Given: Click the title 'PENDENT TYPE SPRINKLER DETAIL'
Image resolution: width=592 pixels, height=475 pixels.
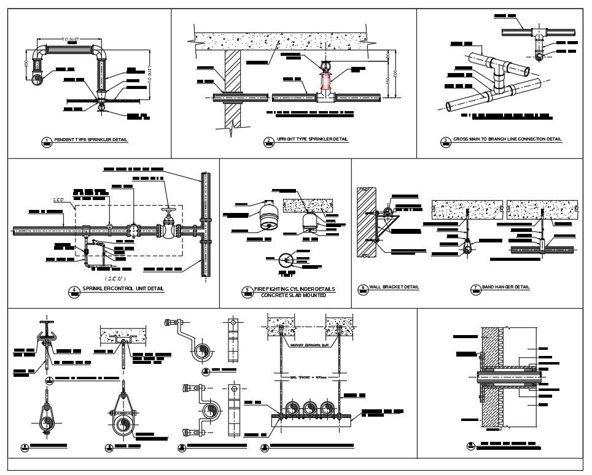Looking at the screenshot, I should click(90, 140).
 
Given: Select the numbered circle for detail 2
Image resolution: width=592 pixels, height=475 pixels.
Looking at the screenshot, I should click(268, 141).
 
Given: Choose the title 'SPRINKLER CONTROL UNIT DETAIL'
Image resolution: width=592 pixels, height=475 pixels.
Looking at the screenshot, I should click(123, 288).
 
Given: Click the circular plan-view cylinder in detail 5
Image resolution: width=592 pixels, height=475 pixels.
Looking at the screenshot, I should click(285, 260).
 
